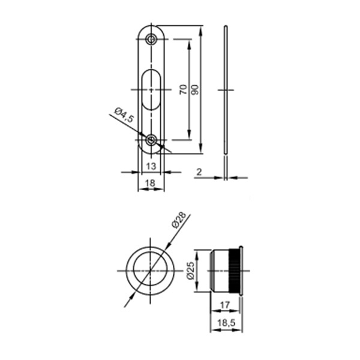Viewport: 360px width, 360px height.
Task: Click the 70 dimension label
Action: (x=183, y=89)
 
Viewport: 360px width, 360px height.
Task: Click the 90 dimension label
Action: (x=194, y=89)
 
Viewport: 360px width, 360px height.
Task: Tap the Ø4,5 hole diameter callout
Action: (x=124, y=115)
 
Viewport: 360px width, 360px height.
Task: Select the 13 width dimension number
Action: (x=151, y=166)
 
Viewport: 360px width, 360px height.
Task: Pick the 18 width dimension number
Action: (x=151, y=183)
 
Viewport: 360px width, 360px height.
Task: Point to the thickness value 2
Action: (x=199, y=172)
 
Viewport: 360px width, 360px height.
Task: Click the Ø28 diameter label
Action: (x=179, y=220)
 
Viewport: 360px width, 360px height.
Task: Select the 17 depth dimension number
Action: (x=225, y=305)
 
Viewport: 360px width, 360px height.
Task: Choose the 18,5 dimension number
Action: (x=226, y=323)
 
